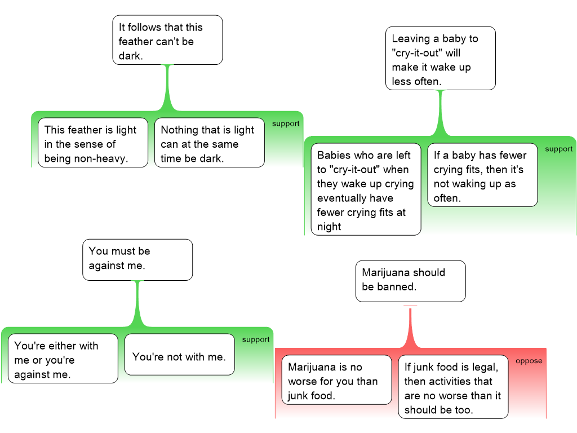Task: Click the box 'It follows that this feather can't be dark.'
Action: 167,40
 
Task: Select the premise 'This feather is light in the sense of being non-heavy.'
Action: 93,143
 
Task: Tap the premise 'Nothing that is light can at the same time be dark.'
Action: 209,143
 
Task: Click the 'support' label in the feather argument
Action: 286,124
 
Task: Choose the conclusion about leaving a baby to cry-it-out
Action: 440,59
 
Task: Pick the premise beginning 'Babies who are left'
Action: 366,191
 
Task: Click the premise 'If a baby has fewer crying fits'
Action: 482,176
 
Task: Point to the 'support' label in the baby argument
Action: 558,149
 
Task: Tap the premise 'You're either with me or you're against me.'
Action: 63,359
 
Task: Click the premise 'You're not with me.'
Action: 179,355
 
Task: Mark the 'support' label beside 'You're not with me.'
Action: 256,340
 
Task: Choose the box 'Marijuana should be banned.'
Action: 411,281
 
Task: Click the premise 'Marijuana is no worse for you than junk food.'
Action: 336,380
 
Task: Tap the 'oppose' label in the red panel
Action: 529,361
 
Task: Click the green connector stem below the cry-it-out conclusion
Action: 440,112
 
